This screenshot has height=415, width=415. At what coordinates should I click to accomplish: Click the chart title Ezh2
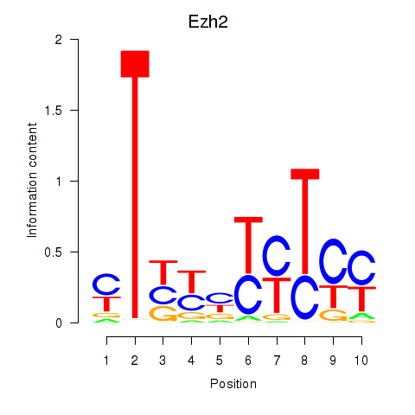coord(208,22)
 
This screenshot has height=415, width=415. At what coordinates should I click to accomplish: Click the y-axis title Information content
coord(32,180)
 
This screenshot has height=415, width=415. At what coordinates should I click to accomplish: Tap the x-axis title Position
coord(233,384)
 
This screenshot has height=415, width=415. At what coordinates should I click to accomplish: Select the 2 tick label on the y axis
coord(59,40)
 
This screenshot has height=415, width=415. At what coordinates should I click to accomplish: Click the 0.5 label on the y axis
coord(54,252)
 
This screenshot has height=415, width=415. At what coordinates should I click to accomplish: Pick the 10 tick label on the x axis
coord(361,361)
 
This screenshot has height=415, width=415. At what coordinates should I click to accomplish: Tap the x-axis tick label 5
coord(220,361)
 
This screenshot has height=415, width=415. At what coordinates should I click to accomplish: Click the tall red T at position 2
coord(135,184)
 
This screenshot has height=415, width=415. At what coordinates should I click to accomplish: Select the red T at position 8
coord(305,221)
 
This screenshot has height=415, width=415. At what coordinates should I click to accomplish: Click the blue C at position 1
coord(106,284)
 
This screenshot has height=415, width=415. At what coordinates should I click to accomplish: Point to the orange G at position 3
coord(163,314)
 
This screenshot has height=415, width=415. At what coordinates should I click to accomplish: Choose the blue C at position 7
coord(277,256)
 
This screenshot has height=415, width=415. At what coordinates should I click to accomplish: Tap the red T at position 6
coord(248,246)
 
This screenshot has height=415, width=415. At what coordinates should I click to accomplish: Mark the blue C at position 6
coord(248,295)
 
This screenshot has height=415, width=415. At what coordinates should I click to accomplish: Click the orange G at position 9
coord(333,315)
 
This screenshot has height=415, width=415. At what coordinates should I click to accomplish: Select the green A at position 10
coord(361,316)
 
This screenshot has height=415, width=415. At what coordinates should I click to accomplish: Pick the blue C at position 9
coord(333,262)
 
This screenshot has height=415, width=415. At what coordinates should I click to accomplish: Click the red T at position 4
coord(191,282)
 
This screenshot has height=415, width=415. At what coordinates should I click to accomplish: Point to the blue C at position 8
coord(305,297)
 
